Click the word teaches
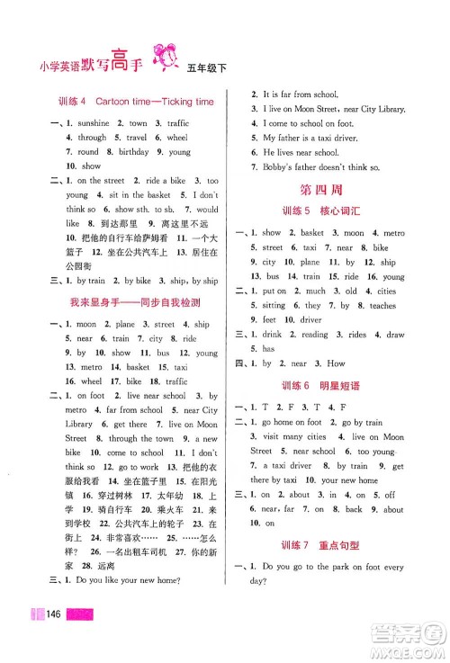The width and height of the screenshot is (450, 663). pos(382,305)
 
